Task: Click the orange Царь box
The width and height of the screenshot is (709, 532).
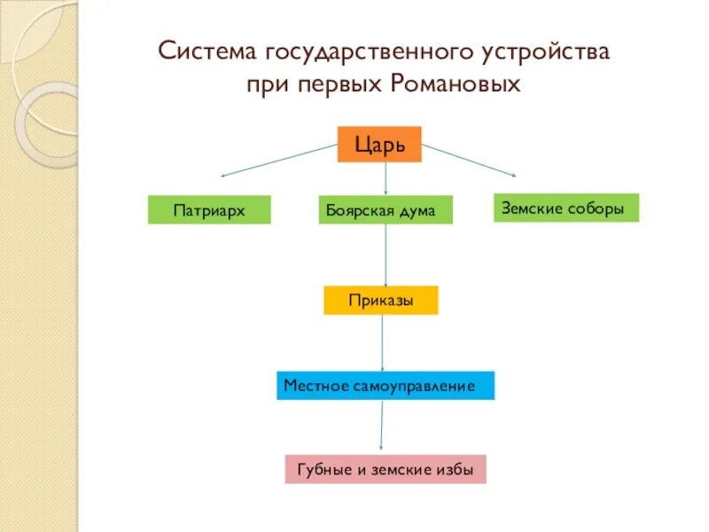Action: pyautogui.click(x=379, y=144)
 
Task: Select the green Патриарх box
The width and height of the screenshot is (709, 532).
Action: pyautogui.click(x=208, y=210)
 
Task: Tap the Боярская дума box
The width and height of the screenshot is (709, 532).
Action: pyautogui.click(x=385, y=210)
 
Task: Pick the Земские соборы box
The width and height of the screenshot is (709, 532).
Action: pyautogui.click(x=565, y=207)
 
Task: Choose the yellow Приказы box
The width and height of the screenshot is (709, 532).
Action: pyautogui.click(x=381, y=300)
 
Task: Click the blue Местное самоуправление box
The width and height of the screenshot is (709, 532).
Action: pyautogui.click(x=385, y=386)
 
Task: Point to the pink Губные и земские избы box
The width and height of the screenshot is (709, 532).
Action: pyautogui.click(x=386, y=469)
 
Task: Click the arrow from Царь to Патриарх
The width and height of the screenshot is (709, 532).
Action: pyautogui.click(x=279, y=160)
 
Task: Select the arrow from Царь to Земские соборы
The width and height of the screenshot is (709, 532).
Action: pyautogui.click(x=470, y=160)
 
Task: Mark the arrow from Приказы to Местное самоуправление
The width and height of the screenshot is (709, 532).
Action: pyautogui.click(x=382, y=342)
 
